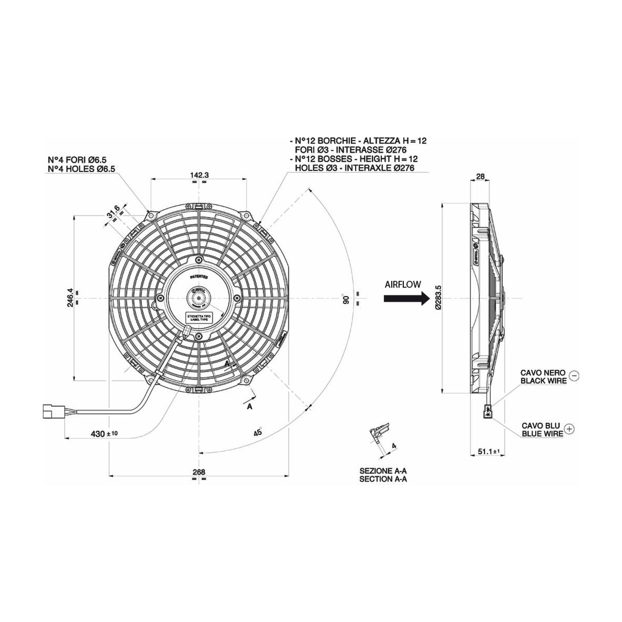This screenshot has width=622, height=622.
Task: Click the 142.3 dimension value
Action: [x=198, y=175]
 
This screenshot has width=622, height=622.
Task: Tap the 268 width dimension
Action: [x=198, y=471]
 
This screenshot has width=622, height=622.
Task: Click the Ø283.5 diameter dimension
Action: [x=438, y=297]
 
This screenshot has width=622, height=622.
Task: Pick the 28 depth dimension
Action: [x=480, y=176]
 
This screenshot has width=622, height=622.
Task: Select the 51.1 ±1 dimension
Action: [x=488, y=452]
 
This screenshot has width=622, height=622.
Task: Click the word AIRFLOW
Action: [x=403, y=285]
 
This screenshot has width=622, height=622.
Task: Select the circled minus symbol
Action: [x=574, y=376]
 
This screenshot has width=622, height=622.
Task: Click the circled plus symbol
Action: [x=569, y=428]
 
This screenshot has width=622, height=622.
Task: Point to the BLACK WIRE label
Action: [x=543, y=381]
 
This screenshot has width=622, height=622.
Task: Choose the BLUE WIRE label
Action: [x=542, y=433]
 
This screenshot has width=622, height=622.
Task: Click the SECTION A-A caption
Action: [x=383, y=479]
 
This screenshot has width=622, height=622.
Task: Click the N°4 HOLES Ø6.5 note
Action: [x=81, y=169]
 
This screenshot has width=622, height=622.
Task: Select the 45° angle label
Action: [x=257, y=432]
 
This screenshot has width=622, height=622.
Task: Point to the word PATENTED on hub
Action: [x=198, y=278]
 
